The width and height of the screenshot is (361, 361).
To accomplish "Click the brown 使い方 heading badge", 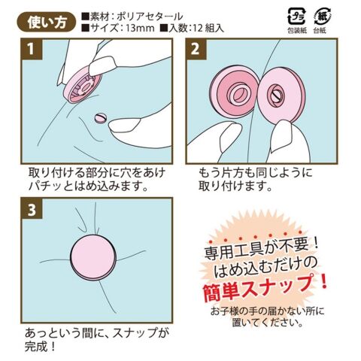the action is (x=47, y=23).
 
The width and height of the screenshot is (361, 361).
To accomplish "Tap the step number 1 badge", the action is (x=31, y=49).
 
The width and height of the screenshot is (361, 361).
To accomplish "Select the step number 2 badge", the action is (x=196, y=49).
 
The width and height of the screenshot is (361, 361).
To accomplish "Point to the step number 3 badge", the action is (x=32, y=209).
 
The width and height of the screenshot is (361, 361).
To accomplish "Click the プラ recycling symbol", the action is (x=296, y=17).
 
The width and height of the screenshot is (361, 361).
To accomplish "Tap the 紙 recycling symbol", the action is (x=322, y=17).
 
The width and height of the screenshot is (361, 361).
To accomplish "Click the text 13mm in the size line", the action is (x=140, y=28).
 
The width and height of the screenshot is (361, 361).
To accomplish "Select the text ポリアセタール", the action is (x=150, y=17).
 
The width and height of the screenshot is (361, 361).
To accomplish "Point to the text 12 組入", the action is (x=209, y=28).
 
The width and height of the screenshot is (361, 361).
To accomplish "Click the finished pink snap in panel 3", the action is (x=93, y=257).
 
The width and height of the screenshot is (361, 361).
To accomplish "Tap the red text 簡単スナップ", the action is (x=265, y=287).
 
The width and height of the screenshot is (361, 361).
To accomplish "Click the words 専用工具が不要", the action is (x=258, y=248).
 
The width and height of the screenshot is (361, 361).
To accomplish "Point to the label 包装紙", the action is (x=297, y=31).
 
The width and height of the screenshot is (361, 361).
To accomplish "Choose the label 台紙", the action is (x=320, y=31).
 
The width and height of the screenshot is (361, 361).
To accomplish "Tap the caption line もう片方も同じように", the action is (x=256, y=173).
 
